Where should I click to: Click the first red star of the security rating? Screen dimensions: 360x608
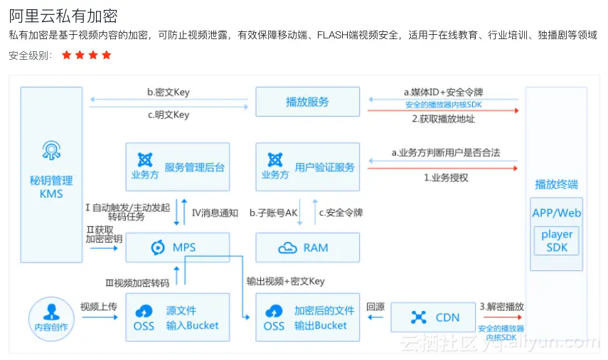click(67, 55)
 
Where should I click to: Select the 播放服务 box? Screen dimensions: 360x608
click(307, 102)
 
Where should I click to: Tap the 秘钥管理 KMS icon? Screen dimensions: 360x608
click(51, 151)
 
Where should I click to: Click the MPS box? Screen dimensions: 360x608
click(178, 248)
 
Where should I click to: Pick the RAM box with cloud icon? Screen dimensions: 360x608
click(307, 248)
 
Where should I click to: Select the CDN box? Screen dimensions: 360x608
click(432, 317)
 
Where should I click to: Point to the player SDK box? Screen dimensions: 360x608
click(557, 240)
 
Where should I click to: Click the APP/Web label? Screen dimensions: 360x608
click(557, 213)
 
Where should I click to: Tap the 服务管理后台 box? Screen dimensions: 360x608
click(178, 166)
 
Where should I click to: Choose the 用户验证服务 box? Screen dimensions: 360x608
click(307, 166)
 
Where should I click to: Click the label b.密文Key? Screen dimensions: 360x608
click(169, 92)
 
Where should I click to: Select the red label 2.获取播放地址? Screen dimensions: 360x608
click(443, 119)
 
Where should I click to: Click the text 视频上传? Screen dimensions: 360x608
click(99, 307)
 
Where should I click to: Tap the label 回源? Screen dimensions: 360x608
click(375, 307)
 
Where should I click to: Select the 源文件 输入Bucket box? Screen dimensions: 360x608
click(178, 317)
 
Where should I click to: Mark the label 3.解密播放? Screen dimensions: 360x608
click(502, 307)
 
